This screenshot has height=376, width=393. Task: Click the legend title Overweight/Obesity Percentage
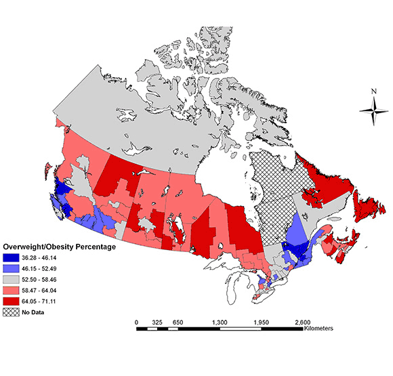click(x=60, y=247)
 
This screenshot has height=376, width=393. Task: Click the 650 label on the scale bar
click(x=178, y=322)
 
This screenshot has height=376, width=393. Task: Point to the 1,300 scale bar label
click(x=219, y=322)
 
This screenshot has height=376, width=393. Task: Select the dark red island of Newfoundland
click(x=369, y=203)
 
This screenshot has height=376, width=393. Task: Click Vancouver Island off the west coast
click(x=58, y=203)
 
